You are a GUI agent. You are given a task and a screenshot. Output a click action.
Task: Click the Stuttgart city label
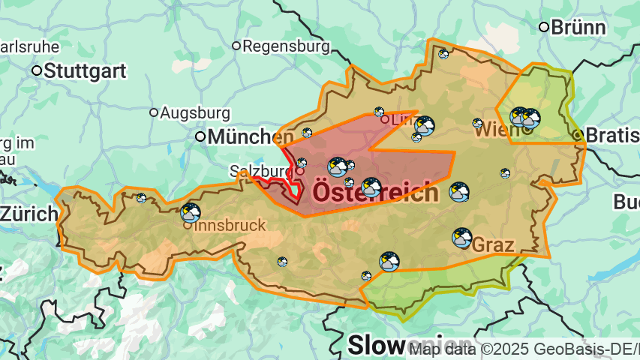pos(85,71)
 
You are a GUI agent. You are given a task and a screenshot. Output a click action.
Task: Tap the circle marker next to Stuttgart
pos(37,71)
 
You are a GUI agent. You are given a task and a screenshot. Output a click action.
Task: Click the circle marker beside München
pos(200,136)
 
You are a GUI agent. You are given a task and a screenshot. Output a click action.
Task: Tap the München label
pos(251,137)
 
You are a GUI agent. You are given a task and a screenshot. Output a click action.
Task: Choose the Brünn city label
pos(578,28)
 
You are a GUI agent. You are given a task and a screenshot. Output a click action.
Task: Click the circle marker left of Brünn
pos(544,27)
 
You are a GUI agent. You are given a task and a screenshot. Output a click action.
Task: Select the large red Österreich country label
pos(374,192)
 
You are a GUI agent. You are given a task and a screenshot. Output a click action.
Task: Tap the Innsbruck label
pos(230,225)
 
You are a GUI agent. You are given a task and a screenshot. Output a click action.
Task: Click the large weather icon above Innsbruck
pos(191,212)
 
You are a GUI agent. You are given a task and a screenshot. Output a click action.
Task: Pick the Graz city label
pos(493,245)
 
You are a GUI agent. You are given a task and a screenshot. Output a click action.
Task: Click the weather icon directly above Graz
pos(462,238)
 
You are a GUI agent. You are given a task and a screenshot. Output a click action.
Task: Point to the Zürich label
pos(28,214)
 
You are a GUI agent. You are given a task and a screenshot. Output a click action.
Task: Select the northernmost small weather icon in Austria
pos(443,54)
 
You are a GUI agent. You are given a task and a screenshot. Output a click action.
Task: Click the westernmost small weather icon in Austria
pos(141,198)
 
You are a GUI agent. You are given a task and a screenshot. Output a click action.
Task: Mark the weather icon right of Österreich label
pos(459,192)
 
